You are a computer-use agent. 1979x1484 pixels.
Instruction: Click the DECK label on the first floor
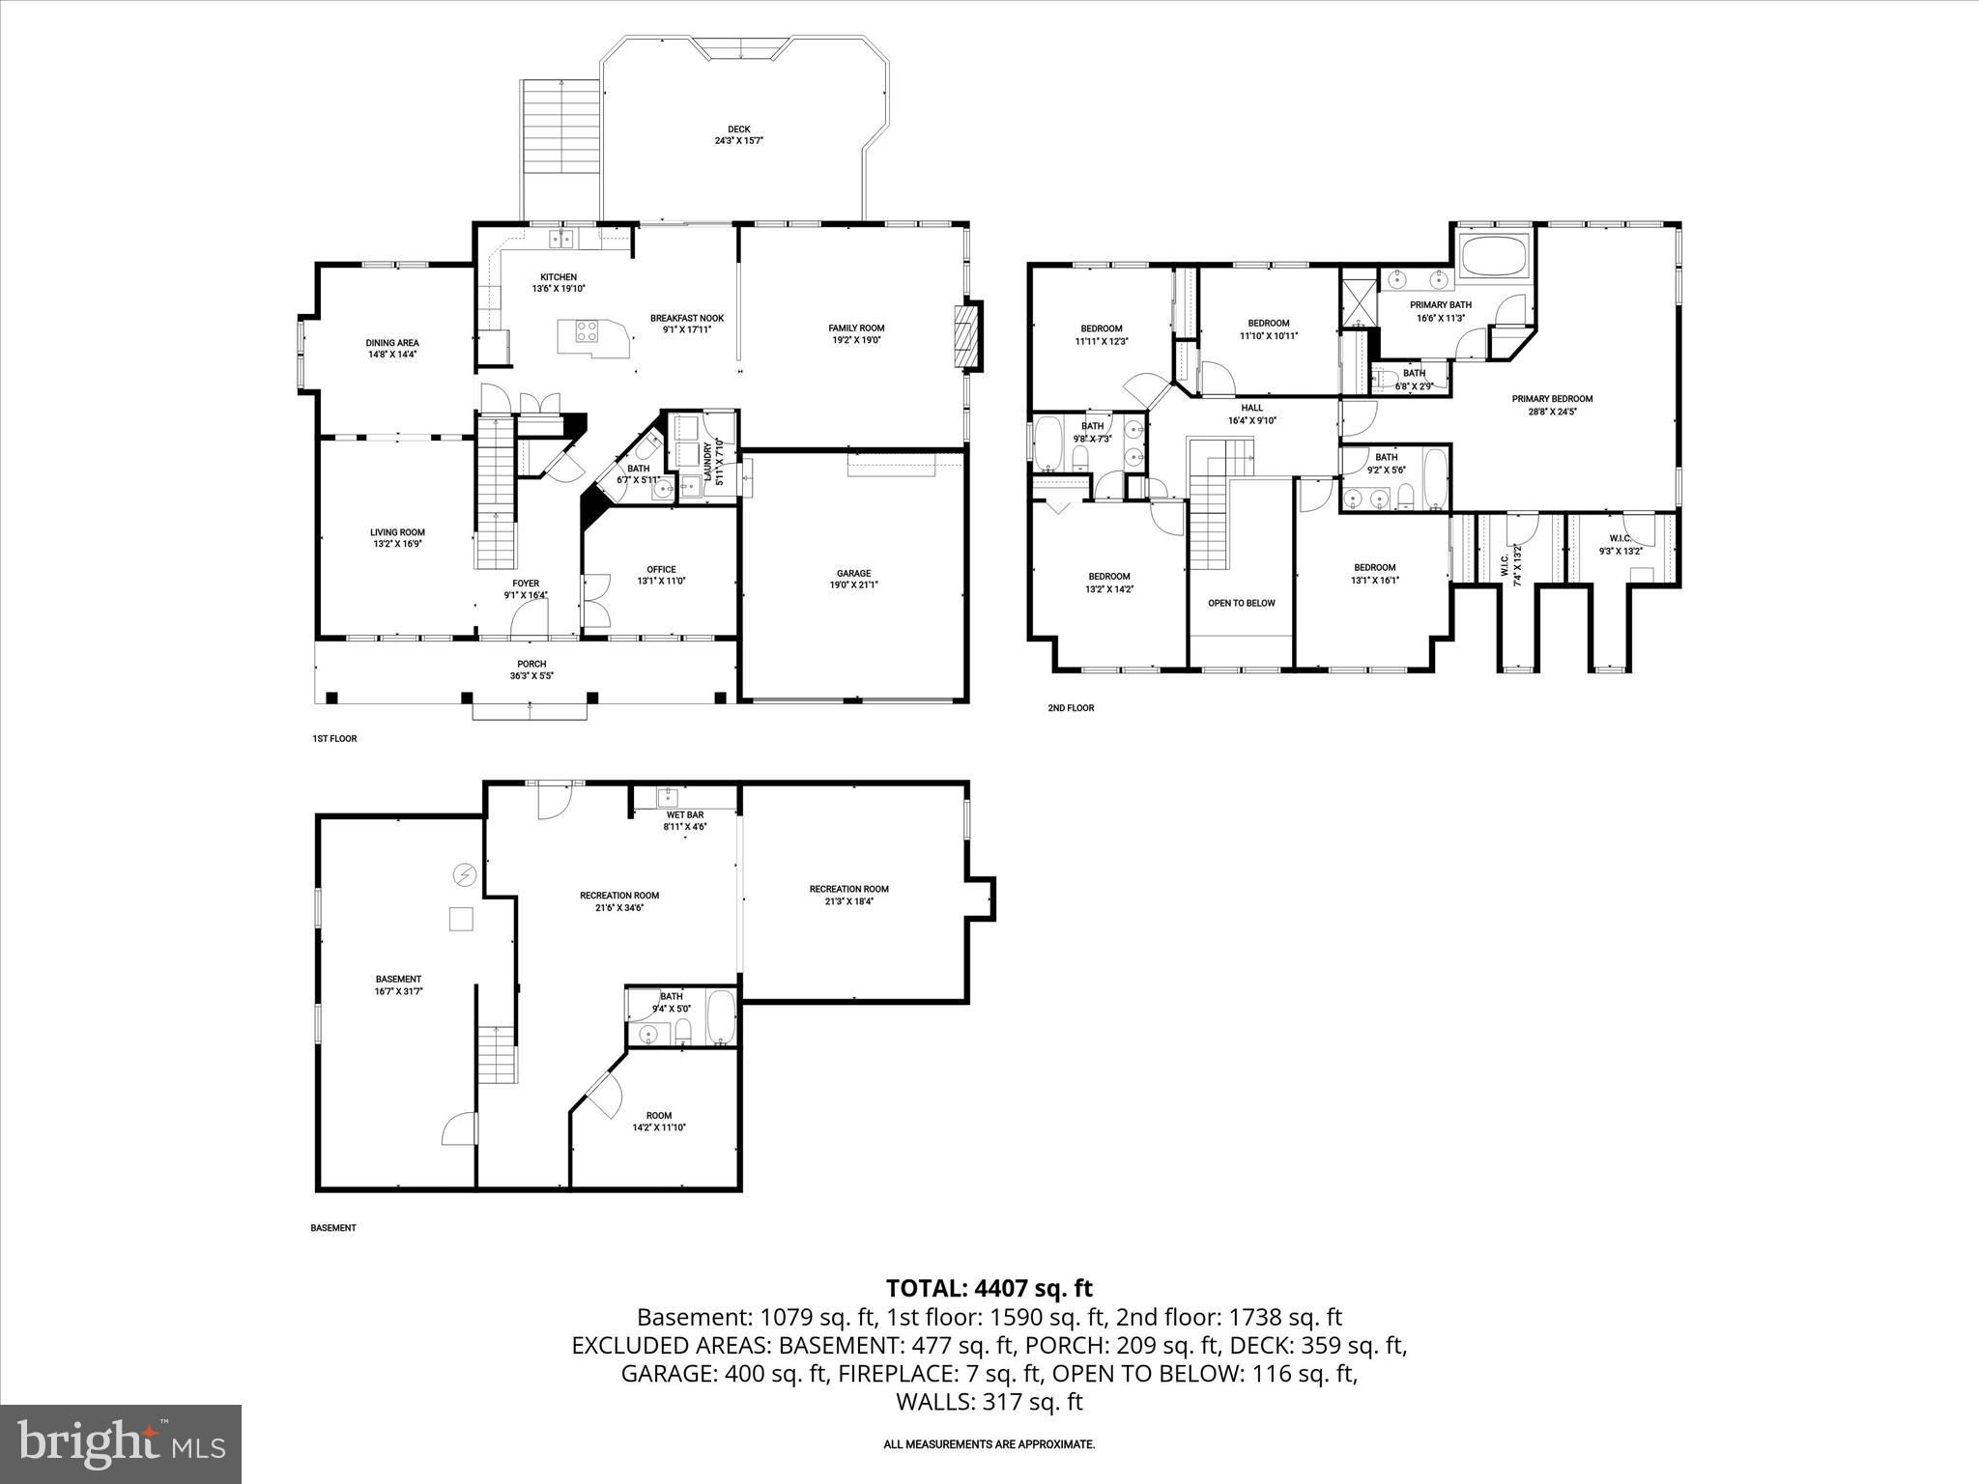point(738,129)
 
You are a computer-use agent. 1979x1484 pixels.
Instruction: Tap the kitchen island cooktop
point(587,331)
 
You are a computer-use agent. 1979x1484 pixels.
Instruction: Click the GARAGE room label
point(853,573)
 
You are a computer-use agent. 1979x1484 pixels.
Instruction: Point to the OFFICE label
point(661,569)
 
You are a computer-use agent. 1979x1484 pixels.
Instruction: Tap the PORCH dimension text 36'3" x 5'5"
point(531,676)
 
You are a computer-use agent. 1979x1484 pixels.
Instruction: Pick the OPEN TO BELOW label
point(1241,603)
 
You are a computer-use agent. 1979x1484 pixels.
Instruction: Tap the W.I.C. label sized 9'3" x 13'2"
point(1620,539)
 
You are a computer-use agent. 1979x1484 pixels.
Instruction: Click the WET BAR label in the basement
point(685,814)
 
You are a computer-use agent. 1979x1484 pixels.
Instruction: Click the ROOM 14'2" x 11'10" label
point(659,1115)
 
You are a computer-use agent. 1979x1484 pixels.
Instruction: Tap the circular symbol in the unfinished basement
point(465,875)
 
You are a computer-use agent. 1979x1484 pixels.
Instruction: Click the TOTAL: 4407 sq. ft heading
point(989,1288)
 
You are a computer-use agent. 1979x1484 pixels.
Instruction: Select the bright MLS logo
point(121,1443)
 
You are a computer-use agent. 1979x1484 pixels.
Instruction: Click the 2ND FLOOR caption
point(1071,708)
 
